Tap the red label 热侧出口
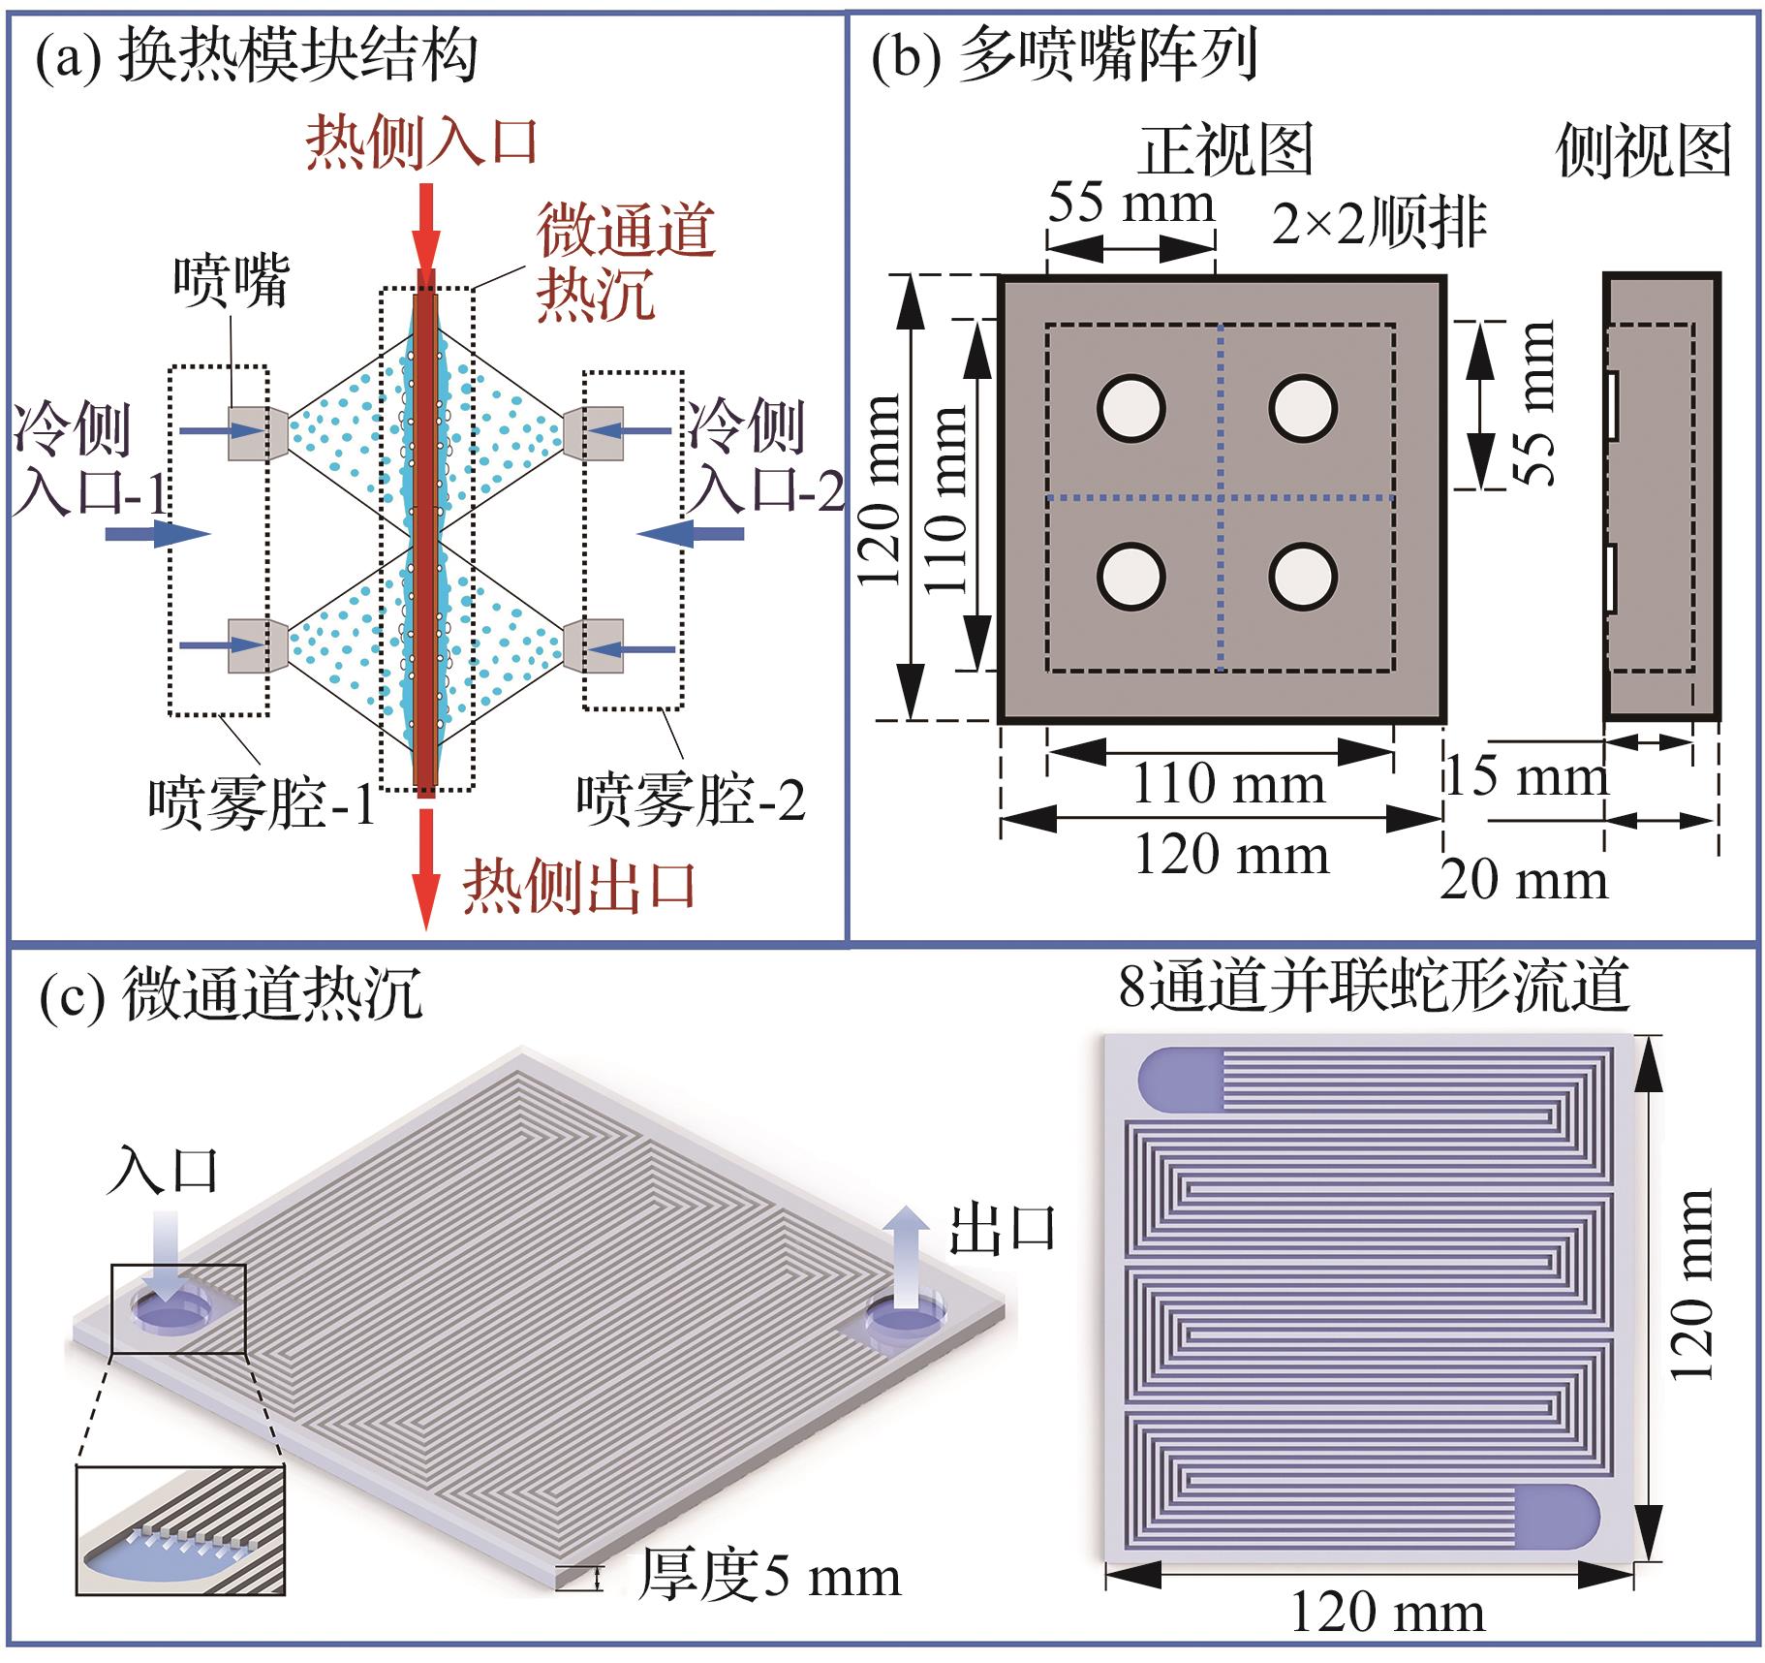click(x=579, y=887)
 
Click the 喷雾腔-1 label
click(x=262, y=802)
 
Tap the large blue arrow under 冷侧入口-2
click(x=691, y=533)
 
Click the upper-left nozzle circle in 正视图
click(x=1130, y=408)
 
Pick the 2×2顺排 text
click(x=1378, y=225)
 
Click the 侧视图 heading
click(x=1643, y=152)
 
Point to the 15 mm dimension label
click(x=1526, y=775)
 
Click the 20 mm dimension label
click(x=1523, y=880)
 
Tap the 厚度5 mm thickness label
click(x=769, y=1577)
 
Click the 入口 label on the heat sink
click(x=163, y=1171)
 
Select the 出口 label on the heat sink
click(x=1001, y=1229)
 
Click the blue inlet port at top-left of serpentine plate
click(x=1180, y=1079)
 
